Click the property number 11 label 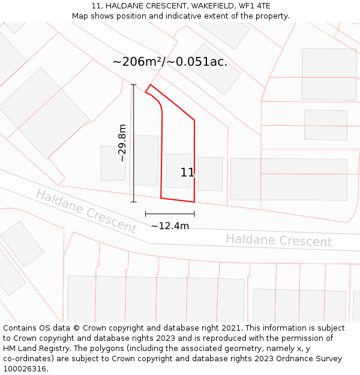[x=187, y=173]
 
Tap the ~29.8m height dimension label [x=122, y=143]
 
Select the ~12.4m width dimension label [x=170, y=226]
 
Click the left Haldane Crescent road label [x=86, y=211]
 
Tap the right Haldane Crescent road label [x=278, y=241]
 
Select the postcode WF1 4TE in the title [x=254, y=6]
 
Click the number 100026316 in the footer [x=25, y=369]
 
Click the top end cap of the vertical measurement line [x=133, y=85]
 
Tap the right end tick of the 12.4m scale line [x=194, y=213]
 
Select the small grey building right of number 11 [x=210, y=174]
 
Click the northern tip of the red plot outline [x=150, y=85]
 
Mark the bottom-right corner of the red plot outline [x=194, y=202]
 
